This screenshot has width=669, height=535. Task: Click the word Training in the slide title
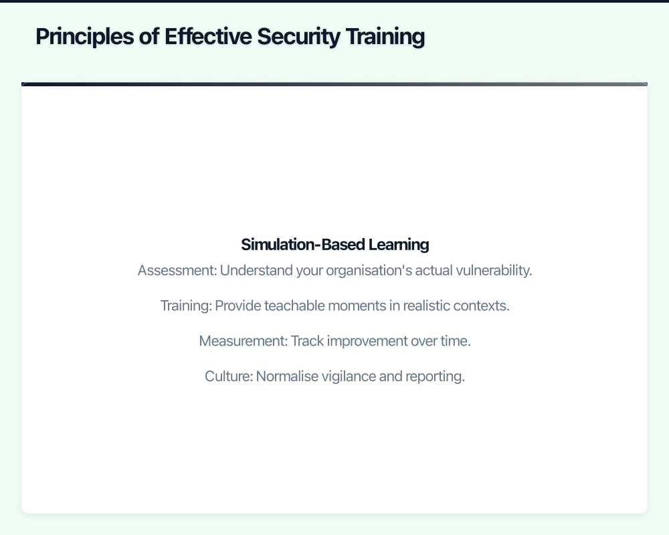[x=385, y=37]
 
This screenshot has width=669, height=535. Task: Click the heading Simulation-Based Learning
[x=334, y=244]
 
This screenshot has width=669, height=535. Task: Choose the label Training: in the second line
[x=185, y=306]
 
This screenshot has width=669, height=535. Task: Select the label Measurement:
[x=243, y=341]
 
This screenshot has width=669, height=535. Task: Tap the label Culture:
[x=228, y=377]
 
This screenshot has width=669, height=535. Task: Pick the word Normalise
[x=285, y=377]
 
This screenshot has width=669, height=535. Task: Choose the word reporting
[x=434, y=377]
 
